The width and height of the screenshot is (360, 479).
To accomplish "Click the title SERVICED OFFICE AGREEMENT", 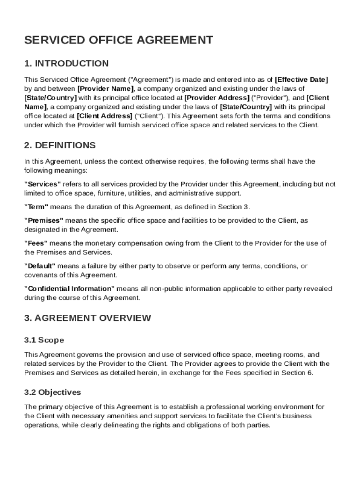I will pyautogui.click(x=119, y=40).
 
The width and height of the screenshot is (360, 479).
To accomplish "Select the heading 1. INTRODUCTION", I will pyautogui.click(x=66, y=64).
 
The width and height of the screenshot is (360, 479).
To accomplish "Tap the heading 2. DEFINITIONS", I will pyautogui.click(x=60, y=145).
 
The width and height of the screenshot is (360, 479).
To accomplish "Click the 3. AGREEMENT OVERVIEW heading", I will pyautogui.click(x=87, y=318).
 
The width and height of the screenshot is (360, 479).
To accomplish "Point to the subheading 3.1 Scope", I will pyautogui.click(x=44, y=340).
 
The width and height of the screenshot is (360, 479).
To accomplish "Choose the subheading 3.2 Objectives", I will pyautogui.click(x=52, y=392).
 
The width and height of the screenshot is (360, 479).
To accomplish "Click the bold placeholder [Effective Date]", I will pyautogui.click(x=302, y=80).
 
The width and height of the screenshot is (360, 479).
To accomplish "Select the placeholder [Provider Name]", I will pyautogui.click(x=105, y=88).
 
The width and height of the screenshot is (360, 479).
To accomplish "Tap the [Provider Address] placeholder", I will pyautogui.click(x=217, y=98).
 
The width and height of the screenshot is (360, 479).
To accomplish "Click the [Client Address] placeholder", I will pyautogui.click(x=104, y=116).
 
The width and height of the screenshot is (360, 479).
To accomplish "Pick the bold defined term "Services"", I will pyautogui.click(x=43, y=184).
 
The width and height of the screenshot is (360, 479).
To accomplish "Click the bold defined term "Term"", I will pyautogui.click(x=36, y=207).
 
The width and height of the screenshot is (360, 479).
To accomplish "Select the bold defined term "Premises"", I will pyautogui.click(x=43, y=220).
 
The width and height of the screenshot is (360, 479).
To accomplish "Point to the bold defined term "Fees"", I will pyautogui.click(x=36, y=243).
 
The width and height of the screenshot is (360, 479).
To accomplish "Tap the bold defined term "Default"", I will pyautogui.click(x=40, y=266).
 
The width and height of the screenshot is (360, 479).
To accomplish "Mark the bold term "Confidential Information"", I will pyautogui.click(x=69, y=289).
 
